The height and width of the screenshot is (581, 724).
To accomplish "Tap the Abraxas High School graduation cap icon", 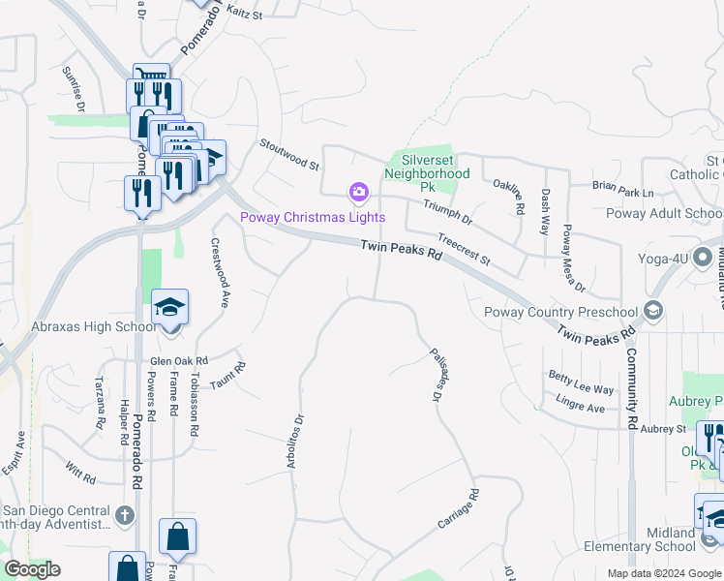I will tap(170, 309).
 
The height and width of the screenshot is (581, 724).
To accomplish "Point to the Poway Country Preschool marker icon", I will tap(653, 311).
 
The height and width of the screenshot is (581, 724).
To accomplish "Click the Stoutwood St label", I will tap(288, 153).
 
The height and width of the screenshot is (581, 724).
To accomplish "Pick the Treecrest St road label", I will tap(464, 249).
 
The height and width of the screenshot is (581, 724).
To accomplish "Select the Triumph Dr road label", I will tap(446, 212).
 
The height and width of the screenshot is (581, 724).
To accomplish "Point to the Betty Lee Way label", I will tap(581, 382).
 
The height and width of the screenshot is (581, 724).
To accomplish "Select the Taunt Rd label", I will tap(228, 376).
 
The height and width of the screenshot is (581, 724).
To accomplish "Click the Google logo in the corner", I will tap(32, 569).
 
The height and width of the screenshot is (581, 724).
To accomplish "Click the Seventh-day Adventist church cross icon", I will tap(125, 516).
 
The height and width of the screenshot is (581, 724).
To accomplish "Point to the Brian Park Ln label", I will tap(623, 184).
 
